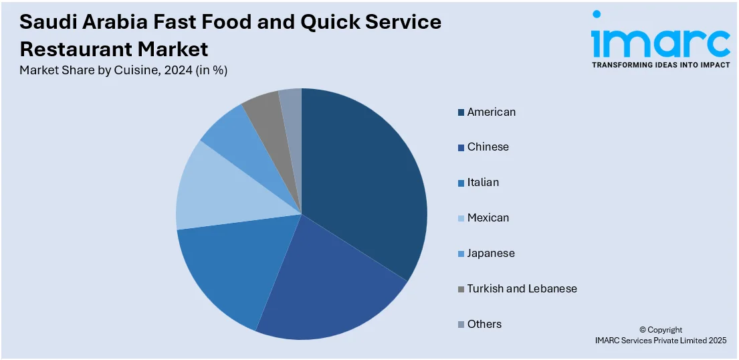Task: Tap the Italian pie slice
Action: tap(227, 268)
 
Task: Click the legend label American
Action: tap(492, 112)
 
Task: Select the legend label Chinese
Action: tap(488, 147)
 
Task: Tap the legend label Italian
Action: tap(483, 183)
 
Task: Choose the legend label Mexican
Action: tap(488, 218)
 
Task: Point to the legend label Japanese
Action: tap(491, 254)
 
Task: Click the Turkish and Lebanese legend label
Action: tap(522, 289)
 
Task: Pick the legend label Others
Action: tap(484, 325)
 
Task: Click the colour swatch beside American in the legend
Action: tap(461, 112)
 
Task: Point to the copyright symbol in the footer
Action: tap(643, 330)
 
